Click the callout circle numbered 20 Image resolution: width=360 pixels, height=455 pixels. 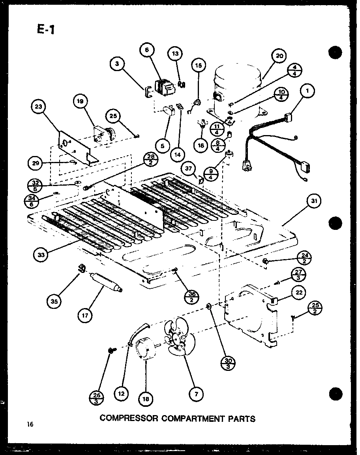pyautogui.click(x=279, y=56)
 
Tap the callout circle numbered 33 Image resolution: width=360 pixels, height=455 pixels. pyautogui.click(x=41, y=255)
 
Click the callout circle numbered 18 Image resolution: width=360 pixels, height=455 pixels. pyautogui.click(x=146, y=399)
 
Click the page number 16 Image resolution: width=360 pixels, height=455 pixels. pyautogui.click(x=30, y=425)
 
